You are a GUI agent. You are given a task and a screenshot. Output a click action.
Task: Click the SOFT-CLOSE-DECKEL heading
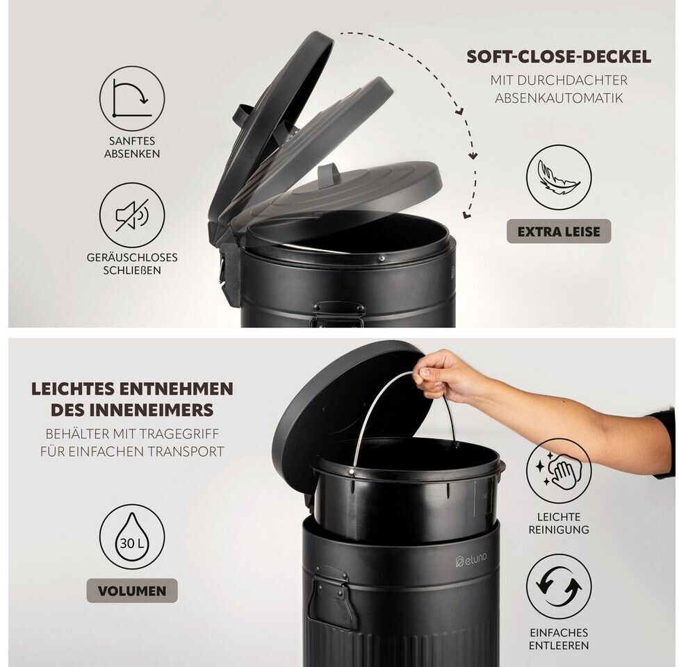(559, 57)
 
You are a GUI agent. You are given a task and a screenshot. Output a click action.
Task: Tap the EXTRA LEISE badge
(559, 231)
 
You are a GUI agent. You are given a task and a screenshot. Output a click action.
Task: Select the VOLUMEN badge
(132, 591)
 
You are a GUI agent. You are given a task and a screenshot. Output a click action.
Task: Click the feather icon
(559, 177)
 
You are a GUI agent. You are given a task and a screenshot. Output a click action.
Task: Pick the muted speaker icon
(132, 215)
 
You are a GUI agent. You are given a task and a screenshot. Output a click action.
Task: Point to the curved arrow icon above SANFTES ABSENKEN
(132, 98)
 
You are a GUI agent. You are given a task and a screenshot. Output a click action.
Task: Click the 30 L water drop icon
(132, 536)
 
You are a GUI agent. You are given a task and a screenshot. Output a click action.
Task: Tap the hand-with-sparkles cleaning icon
(559, 471)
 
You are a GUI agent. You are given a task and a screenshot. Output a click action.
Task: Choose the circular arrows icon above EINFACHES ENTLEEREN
(559, 587)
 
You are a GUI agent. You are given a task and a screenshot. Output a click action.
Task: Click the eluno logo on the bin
(471, 560)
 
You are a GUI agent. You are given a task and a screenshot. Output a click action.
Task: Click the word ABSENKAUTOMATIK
(559, 98)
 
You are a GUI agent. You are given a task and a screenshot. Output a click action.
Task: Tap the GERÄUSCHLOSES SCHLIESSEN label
(132, 263)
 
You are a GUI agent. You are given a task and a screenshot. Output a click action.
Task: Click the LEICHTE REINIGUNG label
(559, 523)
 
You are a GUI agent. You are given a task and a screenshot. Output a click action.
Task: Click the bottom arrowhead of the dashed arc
(467, 214)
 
